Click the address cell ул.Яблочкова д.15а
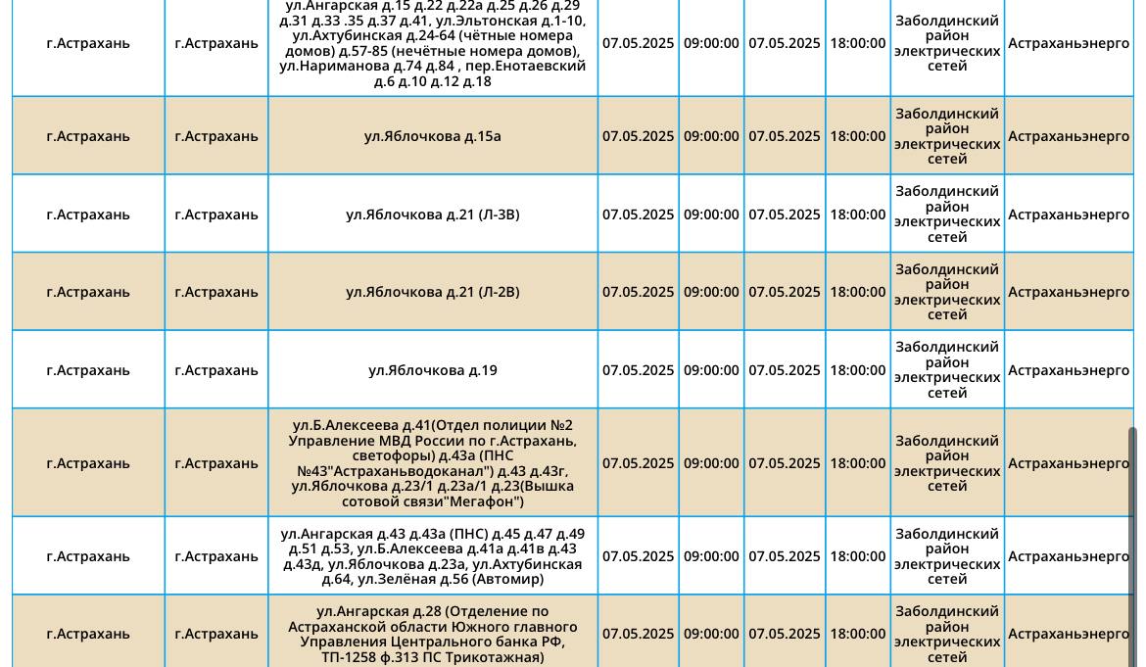[432, 136]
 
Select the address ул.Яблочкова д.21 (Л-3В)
[432, 214]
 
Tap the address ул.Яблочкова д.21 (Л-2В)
[432, 292]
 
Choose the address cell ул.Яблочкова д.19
[432, 370]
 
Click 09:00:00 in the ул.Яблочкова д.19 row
[711, 370]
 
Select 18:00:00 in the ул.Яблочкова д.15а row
[857, 136]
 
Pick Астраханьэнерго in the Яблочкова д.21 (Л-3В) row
[1069, 214]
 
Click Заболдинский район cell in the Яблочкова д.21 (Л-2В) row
[947, 292]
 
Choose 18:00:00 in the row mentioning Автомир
[857, 556]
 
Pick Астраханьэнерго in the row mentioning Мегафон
[1069, 463]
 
